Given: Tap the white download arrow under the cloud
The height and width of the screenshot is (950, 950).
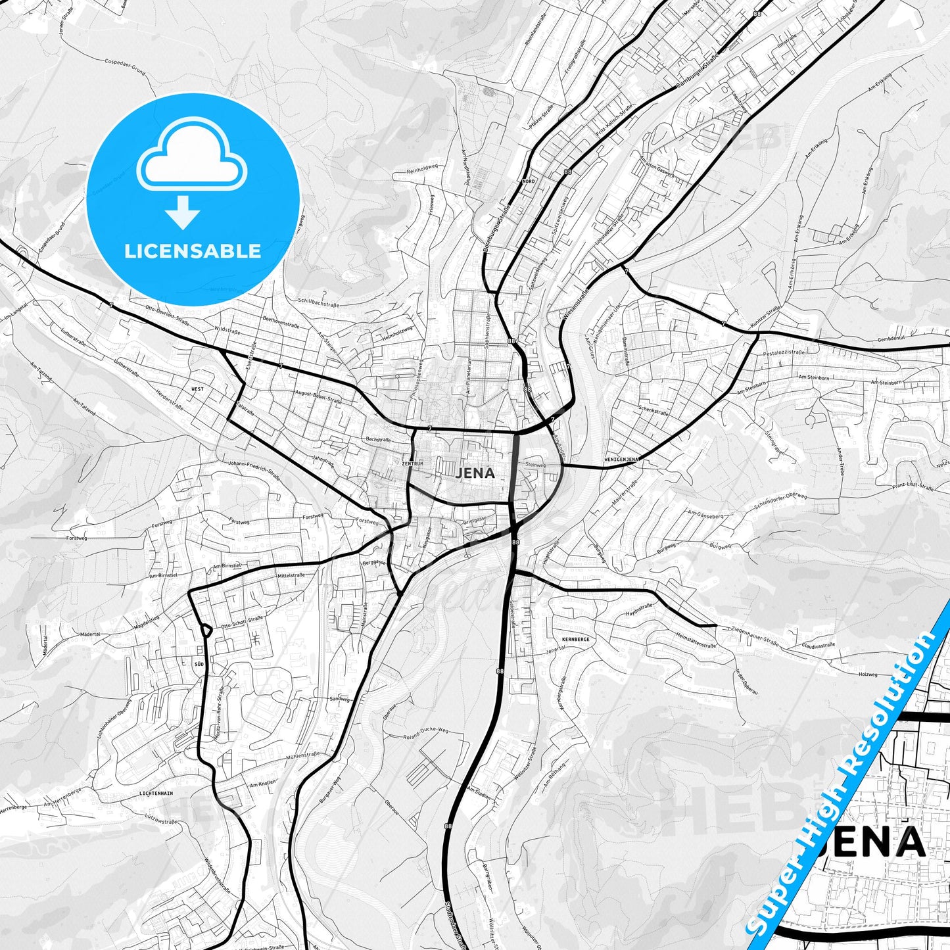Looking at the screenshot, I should coord(183,212).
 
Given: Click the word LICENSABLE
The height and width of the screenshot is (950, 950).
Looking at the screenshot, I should coord(193,251).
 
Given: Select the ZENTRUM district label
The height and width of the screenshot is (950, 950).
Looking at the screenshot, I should coord(412,463).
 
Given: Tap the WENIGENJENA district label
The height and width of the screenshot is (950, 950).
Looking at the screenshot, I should coord(622,459).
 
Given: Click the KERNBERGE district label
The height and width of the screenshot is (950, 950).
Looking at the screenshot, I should coord(575,639).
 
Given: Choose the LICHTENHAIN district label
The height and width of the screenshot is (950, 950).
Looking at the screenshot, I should coord(156,794).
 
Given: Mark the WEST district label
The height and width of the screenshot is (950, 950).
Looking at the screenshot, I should coord(197,389).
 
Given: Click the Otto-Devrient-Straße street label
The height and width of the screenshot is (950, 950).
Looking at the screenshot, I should coord(167,315).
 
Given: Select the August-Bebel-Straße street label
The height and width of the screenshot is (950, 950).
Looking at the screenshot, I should coord(319,396).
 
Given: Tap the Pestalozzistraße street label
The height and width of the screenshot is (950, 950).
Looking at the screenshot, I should coord(784,352).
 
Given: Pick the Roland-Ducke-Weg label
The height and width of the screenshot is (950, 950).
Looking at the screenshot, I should coord(425,732).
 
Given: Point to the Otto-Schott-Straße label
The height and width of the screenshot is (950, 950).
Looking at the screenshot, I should coord(242,622).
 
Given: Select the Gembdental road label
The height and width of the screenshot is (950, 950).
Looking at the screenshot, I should coord(891,338).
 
